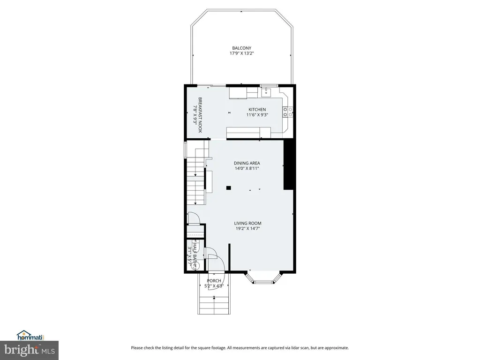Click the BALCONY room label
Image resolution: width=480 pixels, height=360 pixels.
[x=241, y=48]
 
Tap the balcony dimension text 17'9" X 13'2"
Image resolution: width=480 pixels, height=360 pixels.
[x=242, y=53]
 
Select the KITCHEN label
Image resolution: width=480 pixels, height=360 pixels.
[x=257, y=110]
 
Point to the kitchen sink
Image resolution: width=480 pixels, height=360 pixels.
[x=266, y=91]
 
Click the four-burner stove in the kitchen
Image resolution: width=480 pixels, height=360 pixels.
[x=288, y=112]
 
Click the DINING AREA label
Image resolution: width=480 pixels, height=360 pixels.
[x=247, y=163]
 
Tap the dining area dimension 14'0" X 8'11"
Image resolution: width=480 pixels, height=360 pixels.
[x=247, y=168]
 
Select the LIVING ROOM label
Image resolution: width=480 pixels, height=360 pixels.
[x=247, y=224]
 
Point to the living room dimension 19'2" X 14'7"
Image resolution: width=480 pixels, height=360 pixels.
[x=247, y=229]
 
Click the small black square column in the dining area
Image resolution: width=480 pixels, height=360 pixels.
[x=228, y=188]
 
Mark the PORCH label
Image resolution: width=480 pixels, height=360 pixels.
[x=214, y=281]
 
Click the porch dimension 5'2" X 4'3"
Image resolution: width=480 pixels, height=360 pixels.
[x=214, y=286]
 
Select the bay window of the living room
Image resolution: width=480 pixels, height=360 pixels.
[x=263, y=278]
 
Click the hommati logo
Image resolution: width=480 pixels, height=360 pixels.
[x=30, y=336]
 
